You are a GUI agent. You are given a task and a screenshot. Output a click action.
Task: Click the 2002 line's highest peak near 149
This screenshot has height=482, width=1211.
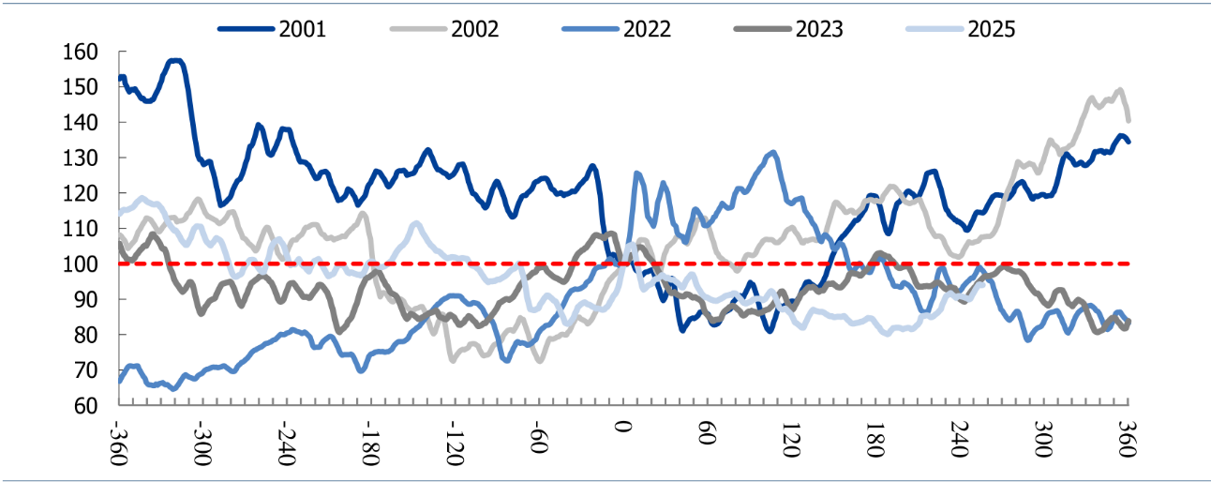click(x=1119, y=90)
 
